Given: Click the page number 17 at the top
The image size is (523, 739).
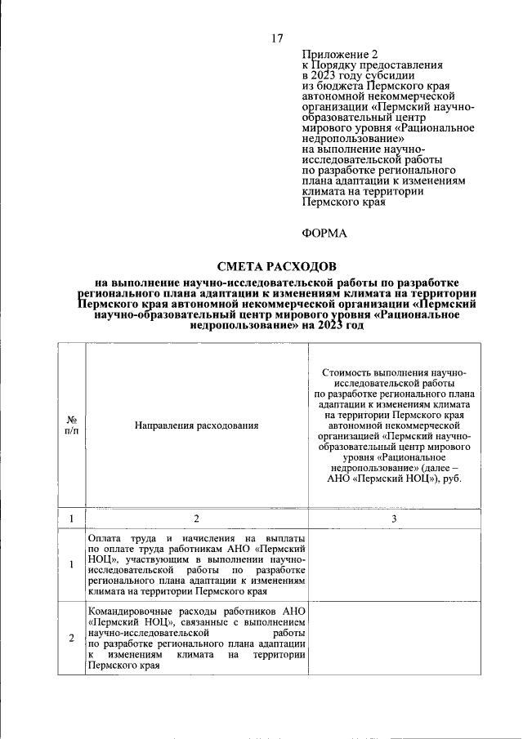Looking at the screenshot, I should [277, 38].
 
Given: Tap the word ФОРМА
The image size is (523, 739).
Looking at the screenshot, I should [324, 234].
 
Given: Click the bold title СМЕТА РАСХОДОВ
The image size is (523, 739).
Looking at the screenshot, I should [276, 267].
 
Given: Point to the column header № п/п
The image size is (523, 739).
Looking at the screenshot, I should [71, 425].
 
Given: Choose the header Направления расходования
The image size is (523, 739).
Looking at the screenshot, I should [196, 425].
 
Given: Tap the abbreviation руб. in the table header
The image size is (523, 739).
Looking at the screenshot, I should [451, 478].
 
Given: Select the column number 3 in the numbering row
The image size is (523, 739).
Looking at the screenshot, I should [394, 519].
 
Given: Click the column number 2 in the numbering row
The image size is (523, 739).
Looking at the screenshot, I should [196, 519].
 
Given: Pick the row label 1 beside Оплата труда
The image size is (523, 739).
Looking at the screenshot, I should [71, 565].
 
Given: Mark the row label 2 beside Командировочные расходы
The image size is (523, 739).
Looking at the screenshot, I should [71, 639].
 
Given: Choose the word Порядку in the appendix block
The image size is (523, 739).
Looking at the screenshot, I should [342, 63].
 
